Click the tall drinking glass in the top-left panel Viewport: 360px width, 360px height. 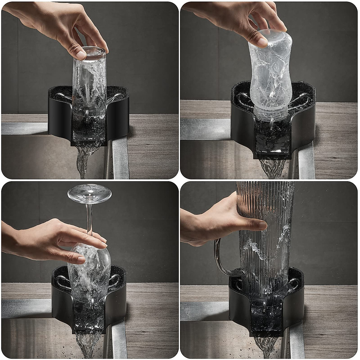point(89,87)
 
